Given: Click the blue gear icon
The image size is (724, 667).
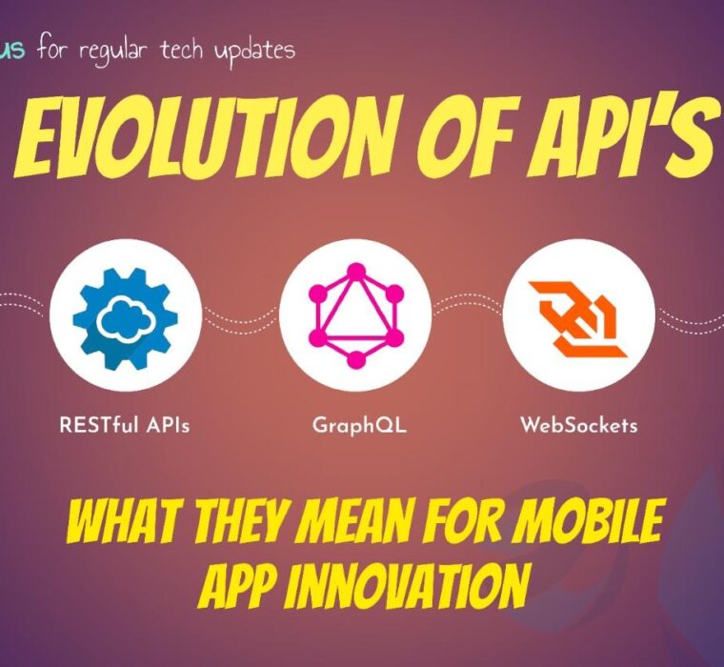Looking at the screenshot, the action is click(125, 318).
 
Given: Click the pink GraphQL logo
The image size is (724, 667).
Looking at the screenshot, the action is click(355, 315).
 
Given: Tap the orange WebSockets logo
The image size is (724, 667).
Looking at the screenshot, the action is click(578, 318).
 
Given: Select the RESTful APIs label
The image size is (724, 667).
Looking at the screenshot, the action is click(125, 425).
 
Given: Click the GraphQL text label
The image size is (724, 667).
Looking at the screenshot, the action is click(360, 425).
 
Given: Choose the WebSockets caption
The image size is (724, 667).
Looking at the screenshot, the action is click(579, 424).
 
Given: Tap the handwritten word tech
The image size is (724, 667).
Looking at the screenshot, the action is click(182, 50).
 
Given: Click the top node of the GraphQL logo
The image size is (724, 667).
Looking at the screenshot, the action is click(355, 272).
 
